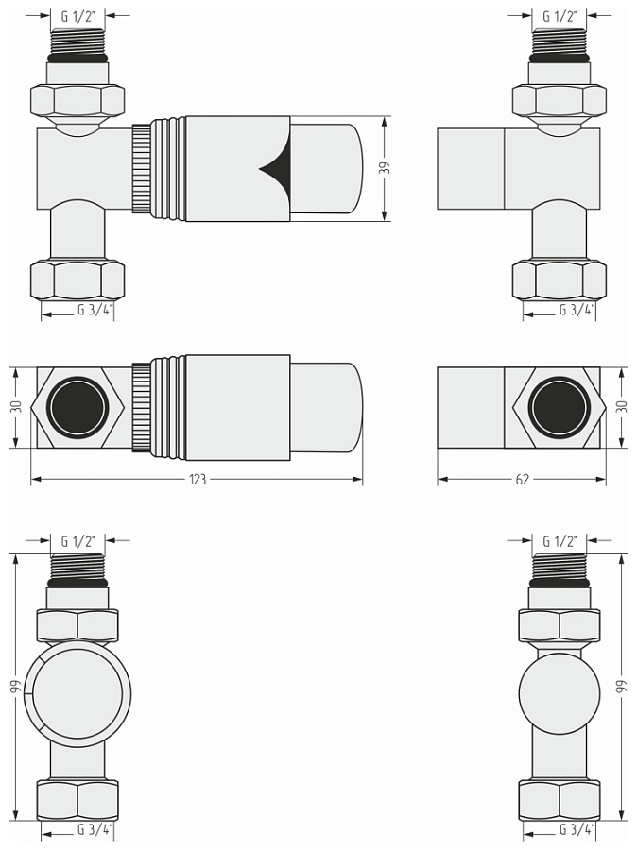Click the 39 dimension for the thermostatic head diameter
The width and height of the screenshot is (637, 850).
(386, 169)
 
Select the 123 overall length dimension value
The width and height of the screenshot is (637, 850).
(198, 480)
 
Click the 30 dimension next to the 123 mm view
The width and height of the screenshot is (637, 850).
(15, 408)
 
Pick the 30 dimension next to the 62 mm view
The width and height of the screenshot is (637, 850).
(622, 408)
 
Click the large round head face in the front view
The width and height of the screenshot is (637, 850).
(77, 694)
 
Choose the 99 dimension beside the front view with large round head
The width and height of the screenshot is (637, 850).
(15, 688)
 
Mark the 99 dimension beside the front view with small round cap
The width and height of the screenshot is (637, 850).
(622, 688)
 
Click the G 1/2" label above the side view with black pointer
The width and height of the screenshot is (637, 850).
(77, 16)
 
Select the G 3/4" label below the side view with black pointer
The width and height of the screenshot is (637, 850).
(95, 310)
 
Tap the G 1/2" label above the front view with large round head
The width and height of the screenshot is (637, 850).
(77, 541)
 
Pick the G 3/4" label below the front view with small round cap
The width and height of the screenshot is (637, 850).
(577, 831)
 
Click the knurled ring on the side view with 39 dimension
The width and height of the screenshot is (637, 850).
(140, 170)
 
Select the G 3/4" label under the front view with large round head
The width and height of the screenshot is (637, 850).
(95, 831)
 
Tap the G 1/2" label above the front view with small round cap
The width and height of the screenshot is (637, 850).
(560, 541)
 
